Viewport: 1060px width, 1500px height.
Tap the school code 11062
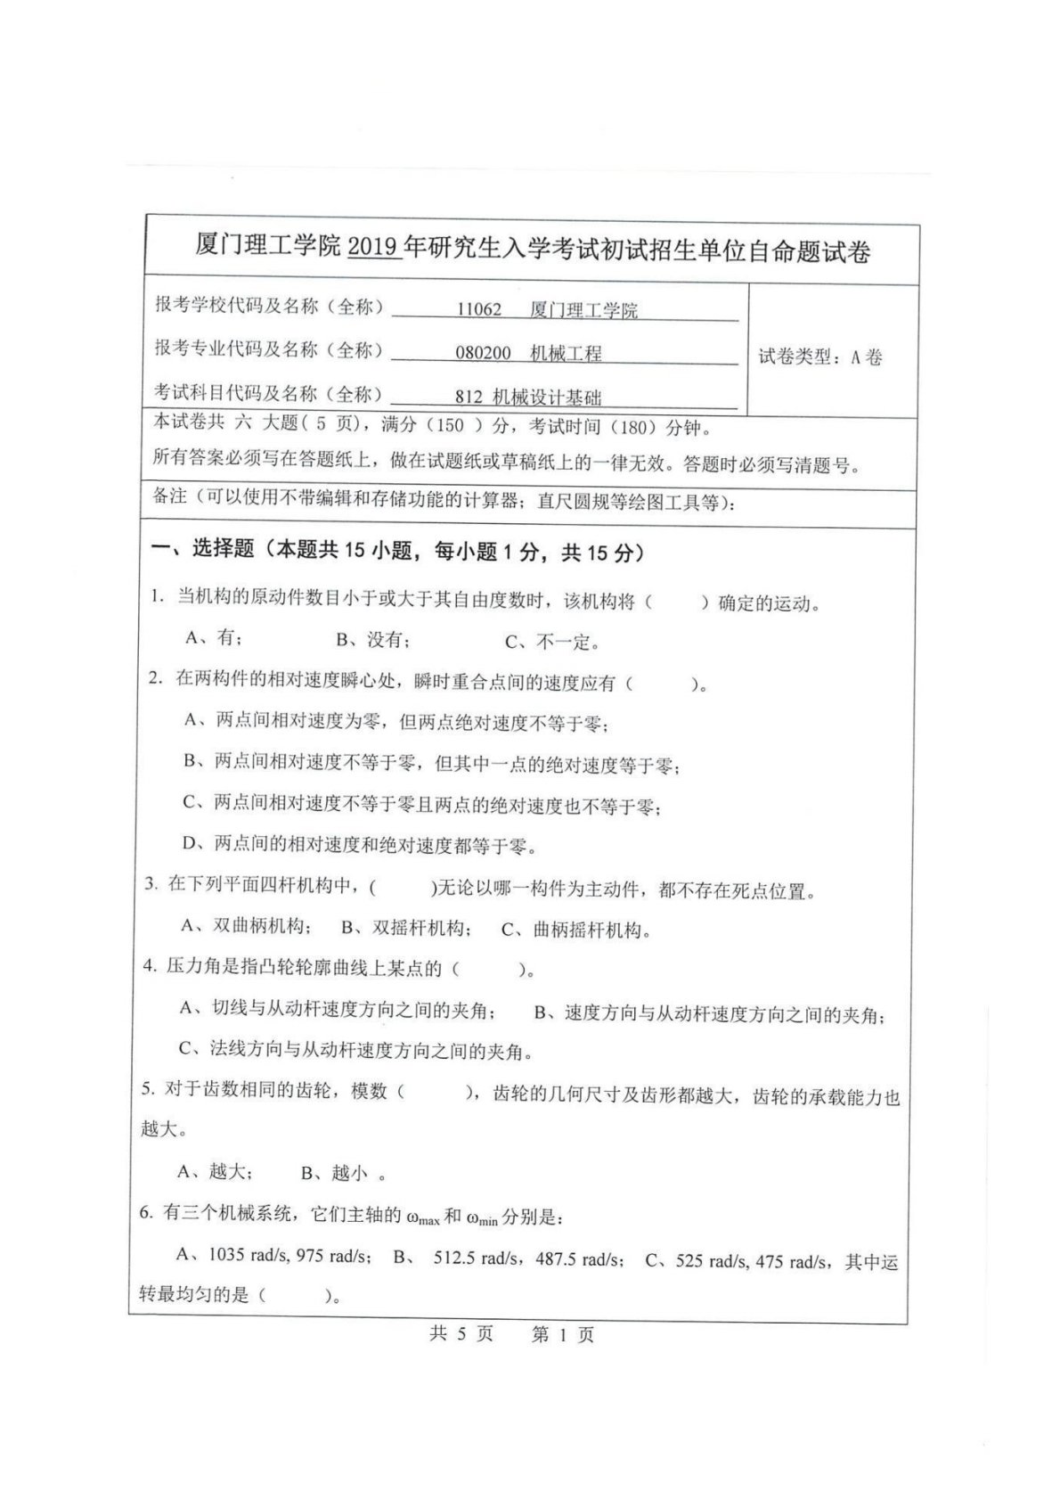pyautogui.click(x=479, y=310)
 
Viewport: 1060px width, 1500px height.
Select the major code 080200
pyautogui.click(x=483, y=353)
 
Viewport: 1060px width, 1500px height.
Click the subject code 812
pyautogui.click(x=468, y=398)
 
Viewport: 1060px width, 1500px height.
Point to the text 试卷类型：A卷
pyautogui.click(x=820, y=357)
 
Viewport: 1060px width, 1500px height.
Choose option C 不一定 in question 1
pyautogui.click(x=552, y=642)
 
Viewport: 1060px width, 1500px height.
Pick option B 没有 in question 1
pyautogui.click(x=372, y=640)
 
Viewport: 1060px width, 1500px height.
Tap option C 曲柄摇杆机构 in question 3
pyautogui.click(x=575, y=930)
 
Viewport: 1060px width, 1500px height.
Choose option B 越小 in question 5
pyautogui.click(x=337, y=1173)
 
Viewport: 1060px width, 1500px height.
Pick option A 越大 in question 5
pyautogui.click(x=216, y=1171)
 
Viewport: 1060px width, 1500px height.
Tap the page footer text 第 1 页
pyautogui.click(x=562, y=1334)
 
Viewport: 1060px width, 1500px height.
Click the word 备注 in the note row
pyautogui.click(x=169, y=496)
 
